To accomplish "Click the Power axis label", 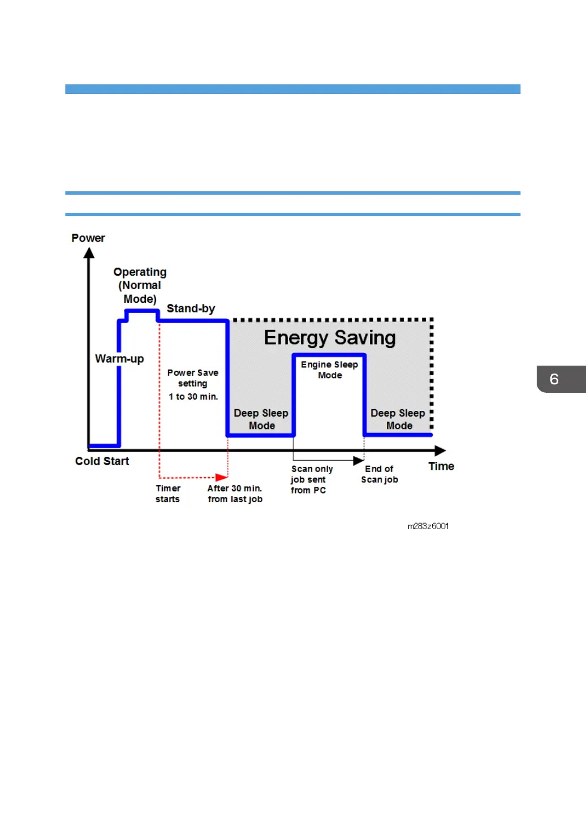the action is [88, 238].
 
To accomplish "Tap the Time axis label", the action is [441, 466].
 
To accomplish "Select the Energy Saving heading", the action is [330, 338].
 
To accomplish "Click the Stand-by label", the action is [191, 308].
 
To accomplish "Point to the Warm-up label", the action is [119, 359].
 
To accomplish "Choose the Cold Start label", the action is [102, 461].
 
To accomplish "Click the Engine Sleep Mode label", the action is [330, 370].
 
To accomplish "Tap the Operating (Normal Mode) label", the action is [140, 285].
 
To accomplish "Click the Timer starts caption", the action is [168, 494].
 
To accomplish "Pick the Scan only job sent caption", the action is [311, 479].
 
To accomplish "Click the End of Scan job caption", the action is [380, 474].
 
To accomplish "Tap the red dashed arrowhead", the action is [222, 478].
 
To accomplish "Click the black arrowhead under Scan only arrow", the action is [358, 461].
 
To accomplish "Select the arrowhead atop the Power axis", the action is [89, 253].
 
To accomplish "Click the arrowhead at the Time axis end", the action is [440, 451].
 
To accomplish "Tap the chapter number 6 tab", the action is [555, 379].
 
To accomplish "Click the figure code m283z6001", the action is [428, 526].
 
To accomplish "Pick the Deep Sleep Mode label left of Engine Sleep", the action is [261, 419].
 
